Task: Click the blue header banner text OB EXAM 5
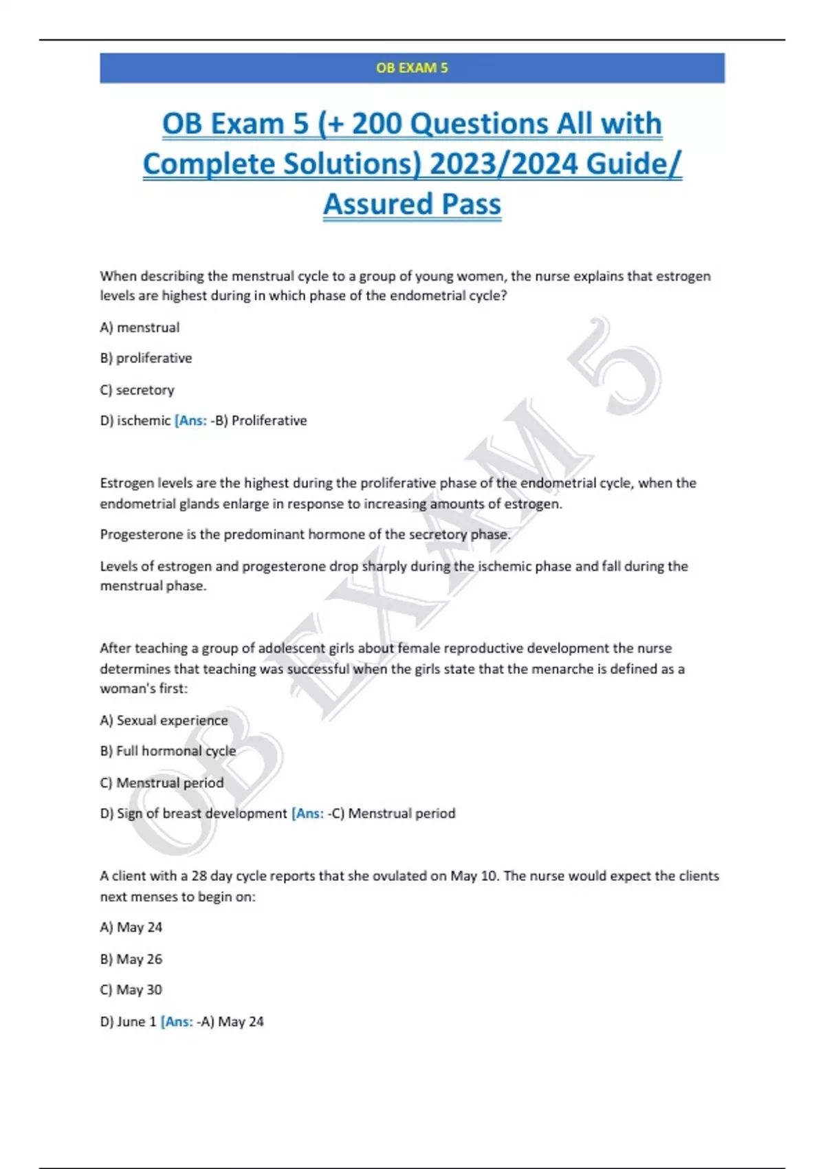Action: tap(412, 67)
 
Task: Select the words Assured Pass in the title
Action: tap(412, 204)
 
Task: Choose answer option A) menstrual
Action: tap(140, 327)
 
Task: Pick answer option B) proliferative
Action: tap(146, 358)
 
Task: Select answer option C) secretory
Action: tap(137, 390)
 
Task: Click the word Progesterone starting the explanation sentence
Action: tap(141, 534)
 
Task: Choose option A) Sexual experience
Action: tap(164, 720)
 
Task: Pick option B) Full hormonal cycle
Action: tap(168, 751)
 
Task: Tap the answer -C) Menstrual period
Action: tap(392, 813)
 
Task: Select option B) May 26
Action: tap(131, 959)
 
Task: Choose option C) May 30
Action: tap(131, 990)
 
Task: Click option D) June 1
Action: tap(128, 1021)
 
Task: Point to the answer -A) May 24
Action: tap(230, 1021)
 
